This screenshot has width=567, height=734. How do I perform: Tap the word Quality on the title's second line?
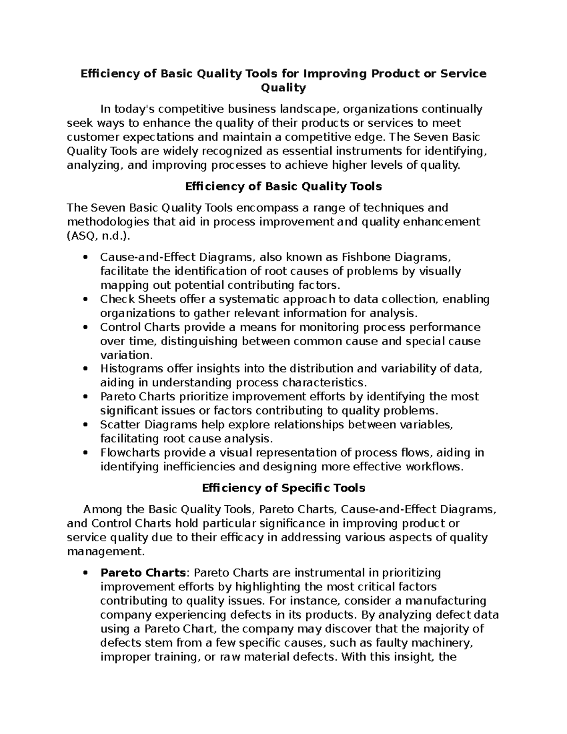pos(283,88)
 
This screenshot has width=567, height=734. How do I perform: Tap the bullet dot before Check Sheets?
pos(85,300)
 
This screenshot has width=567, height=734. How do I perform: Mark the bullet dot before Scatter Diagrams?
pos(85,425)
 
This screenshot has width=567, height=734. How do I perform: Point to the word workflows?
pos(434,467)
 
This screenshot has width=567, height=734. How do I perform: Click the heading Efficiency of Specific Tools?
pos(283,488)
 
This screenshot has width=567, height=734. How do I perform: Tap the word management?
pos(104,552)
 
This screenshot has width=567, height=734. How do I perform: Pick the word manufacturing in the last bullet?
pos(446,601)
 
